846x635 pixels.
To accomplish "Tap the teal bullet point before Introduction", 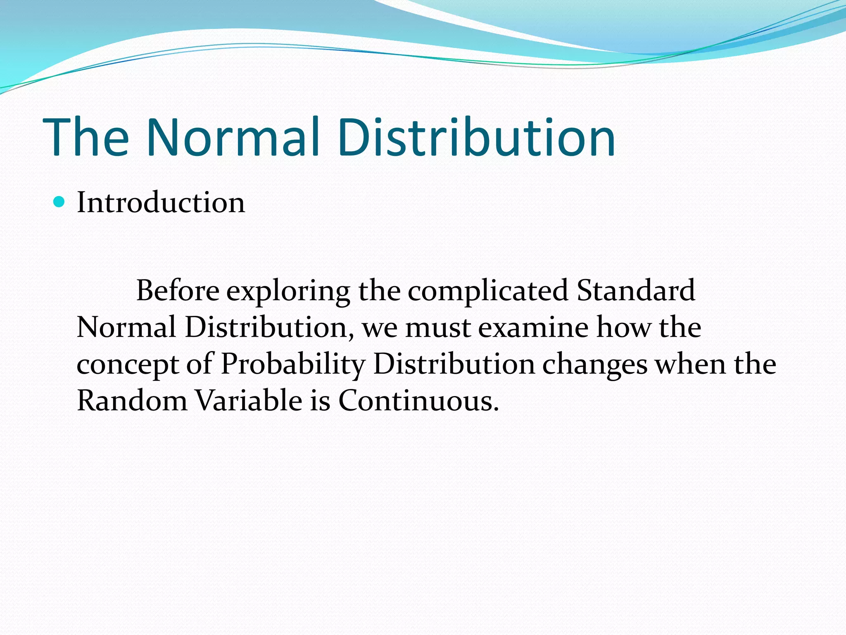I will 59,202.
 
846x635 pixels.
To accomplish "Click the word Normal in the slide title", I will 233,137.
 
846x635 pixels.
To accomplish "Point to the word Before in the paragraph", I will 178,290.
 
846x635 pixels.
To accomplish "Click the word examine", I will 533,327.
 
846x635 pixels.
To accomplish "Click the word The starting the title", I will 86,137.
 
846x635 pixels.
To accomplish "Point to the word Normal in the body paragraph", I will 126,327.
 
